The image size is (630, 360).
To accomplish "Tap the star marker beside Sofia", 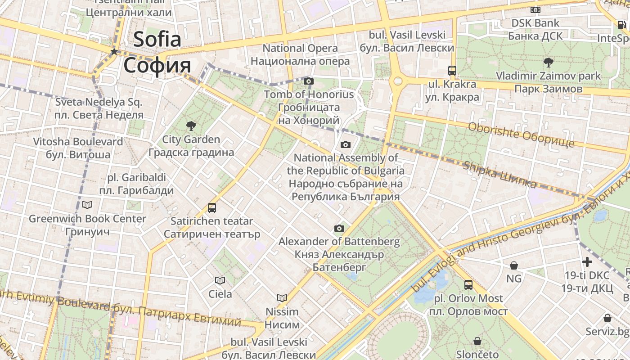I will pyautogui.click(x=114, y=51).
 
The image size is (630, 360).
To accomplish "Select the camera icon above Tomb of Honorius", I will pyautogui.click(x=308, y=81).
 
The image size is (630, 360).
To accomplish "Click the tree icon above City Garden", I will pyautogui.click(x=191, y=126).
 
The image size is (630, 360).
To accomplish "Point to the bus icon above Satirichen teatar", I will pyautogui.click(x=212, y=208).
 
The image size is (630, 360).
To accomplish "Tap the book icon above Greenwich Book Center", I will pyautogui.click(x=87, y=205).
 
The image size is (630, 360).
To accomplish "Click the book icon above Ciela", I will pyautogui.click(x=220, y=281).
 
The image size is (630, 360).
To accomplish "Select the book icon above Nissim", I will pyautogui.click(x=282, y=298).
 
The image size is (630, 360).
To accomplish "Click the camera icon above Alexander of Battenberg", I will pyautogui.click(x=339, y=229).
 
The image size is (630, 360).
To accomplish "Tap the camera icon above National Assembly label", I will pyautogui.click(x=346, y=144).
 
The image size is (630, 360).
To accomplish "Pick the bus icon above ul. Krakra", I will pyautogui.click(x=452, y=71).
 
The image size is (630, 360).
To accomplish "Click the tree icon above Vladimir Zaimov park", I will pyautogui.click(x=548, y=62).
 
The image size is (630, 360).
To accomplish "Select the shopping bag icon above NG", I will pyautogui.click(x=513, y=265).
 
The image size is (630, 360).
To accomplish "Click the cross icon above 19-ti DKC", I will pyautogui.click(x=587, y=262).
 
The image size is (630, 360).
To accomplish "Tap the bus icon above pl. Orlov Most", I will pyautogui.click(x=468, y=285).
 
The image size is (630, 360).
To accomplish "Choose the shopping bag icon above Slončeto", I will pyautogui.click(x=477, y=341).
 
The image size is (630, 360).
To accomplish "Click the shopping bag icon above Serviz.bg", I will pyautogui.click(x=607, y=318).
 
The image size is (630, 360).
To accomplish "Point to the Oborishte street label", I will pyautogui.click(x=521, y=135).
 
